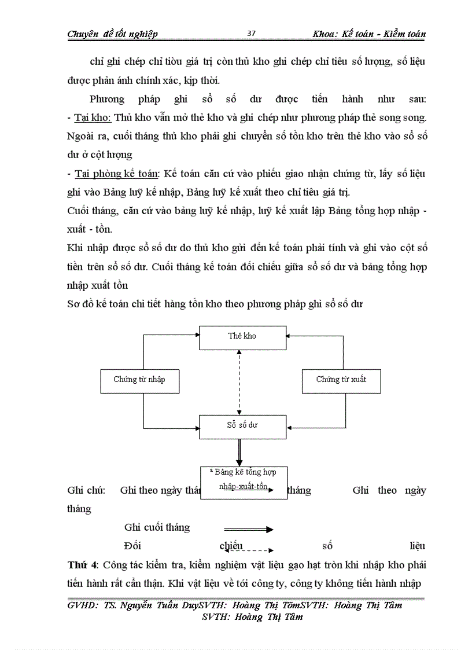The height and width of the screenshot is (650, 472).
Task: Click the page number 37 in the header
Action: (251, 33)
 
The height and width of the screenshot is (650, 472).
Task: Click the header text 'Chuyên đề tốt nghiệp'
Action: (112, 34)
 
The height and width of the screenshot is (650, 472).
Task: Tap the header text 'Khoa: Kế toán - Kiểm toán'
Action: (368, 34)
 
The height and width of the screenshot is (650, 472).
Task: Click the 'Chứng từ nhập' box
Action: (139, 380)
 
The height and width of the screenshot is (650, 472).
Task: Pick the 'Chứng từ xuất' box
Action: (341, 380)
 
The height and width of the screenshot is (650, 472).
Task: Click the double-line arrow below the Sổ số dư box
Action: (238, 452)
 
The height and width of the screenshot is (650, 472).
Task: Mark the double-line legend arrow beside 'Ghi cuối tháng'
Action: (248, 529)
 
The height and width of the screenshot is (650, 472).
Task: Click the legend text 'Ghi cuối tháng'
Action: (157, 527)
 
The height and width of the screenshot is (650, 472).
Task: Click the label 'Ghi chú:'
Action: (86, 490)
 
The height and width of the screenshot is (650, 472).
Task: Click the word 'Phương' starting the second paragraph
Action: (108, 99)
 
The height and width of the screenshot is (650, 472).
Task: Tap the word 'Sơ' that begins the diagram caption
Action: (73, 304)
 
